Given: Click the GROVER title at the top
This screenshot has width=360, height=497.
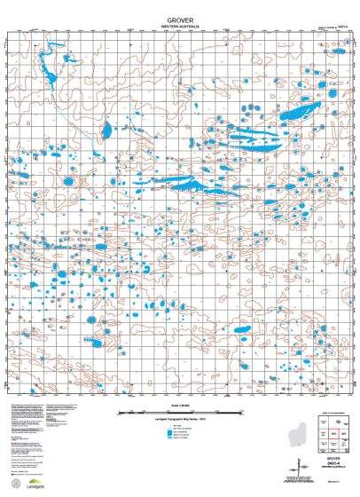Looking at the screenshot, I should [180, 19].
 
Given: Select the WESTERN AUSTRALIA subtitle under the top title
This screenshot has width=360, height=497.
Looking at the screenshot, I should [180, 27].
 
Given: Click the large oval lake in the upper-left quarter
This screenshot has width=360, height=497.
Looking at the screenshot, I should [106, 131].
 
